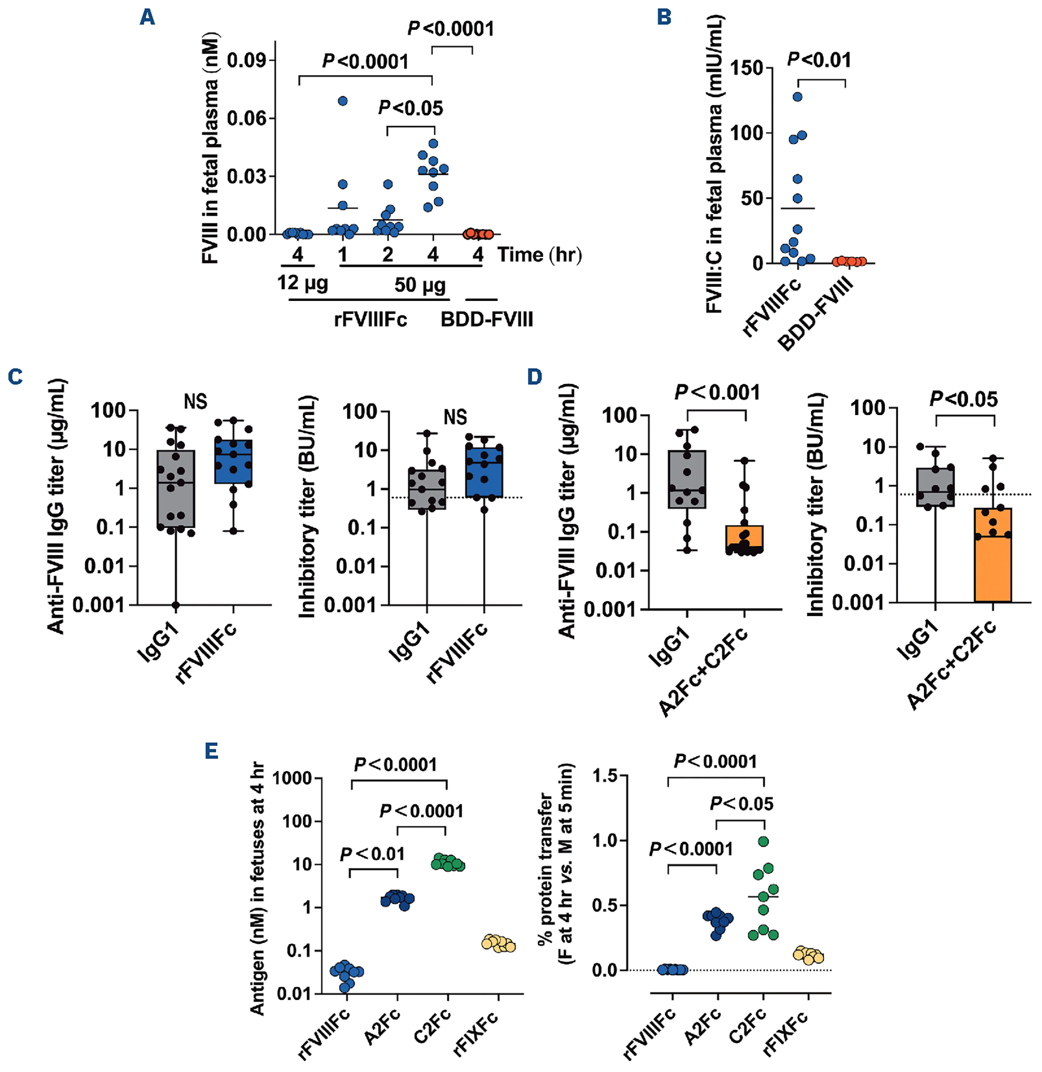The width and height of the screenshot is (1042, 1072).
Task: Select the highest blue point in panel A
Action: pyautogui.click(x=342, y=101)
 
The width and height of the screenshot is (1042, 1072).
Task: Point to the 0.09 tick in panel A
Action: pyautogui.click(x=246, y=60)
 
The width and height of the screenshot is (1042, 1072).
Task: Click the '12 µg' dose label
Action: pyautogui.click(x=302, y=283)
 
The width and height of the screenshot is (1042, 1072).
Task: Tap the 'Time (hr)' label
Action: pyautogui.click(x=539, y=255)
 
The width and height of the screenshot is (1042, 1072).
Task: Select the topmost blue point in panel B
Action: pyautogui.click(x=797, y=97)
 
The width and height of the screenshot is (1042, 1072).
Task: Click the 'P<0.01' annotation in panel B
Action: pyautogui.click(x=819, y=60)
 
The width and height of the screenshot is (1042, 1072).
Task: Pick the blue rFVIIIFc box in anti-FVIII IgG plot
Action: pyautogui.click(x=234, y=461)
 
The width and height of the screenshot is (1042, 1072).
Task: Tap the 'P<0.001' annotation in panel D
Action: pyautogui.click(x=717, y=392)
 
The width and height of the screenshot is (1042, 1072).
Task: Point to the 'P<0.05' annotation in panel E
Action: pyautogui.click(x=741, y=804)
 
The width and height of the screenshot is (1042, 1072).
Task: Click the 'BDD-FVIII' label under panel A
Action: pyautogui.click(x=486, y=320)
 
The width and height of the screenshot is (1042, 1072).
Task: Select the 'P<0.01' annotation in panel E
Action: pyautogui.click(x=372, y=854)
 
